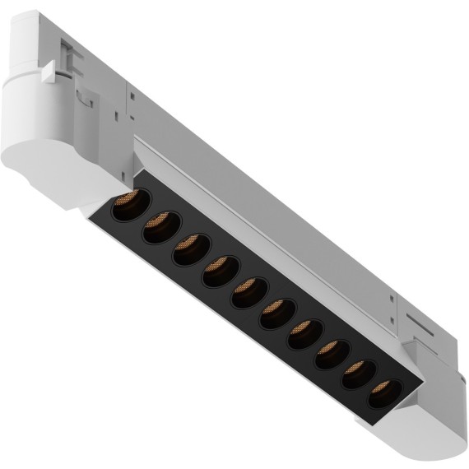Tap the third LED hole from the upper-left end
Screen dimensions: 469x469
click(190, 249)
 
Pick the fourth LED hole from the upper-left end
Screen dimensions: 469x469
click(221, 271)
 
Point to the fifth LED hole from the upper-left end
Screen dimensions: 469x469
click(249, 292)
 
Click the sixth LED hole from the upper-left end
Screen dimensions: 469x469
click(277, 313)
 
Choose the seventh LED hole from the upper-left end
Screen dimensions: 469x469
click(304, 332)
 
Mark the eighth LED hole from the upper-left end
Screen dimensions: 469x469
click(332, 352)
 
